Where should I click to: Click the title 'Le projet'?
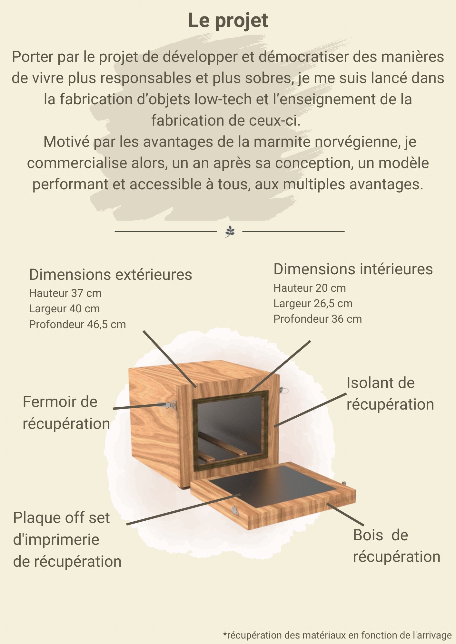228,21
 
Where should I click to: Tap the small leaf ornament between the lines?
230,231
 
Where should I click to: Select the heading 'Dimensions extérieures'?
110,275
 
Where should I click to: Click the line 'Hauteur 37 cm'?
65,293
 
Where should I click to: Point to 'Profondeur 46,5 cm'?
77,324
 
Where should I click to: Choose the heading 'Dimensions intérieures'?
353,269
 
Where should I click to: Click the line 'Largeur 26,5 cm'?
313,303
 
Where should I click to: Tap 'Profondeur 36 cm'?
317,319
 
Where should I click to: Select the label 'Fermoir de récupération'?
66,412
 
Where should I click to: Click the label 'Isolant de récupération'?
390,393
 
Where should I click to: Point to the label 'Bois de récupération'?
396,546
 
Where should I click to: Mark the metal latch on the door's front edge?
235,510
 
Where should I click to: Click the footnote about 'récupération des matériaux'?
337,635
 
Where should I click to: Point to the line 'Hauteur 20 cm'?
309,288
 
